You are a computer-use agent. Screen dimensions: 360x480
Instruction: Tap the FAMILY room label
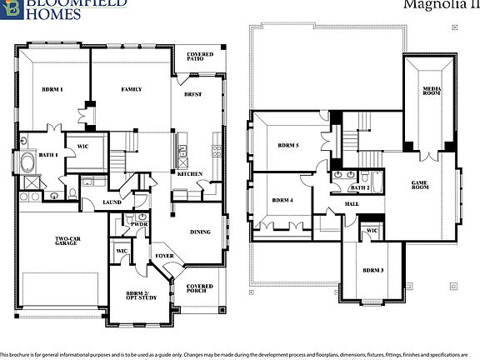131,89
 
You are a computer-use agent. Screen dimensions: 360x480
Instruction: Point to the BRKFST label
194,95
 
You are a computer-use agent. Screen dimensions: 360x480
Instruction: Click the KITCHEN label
187,173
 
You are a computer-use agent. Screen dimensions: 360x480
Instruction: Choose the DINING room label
199,232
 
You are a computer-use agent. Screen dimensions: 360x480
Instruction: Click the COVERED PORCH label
199,289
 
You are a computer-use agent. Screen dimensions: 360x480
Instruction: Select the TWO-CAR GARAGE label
66,241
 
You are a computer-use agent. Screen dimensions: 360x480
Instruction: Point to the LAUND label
112,202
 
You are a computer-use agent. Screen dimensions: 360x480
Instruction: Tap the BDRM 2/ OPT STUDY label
135,298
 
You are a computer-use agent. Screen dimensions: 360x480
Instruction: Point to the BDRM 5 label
287,146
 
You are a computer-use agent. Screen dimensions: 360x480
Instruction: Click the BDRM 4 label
282,201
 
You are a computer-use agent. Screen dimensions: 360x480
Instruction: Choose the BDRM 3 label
372,271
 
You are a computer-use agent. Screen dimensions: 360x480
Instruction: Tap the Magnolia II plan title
433,5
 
